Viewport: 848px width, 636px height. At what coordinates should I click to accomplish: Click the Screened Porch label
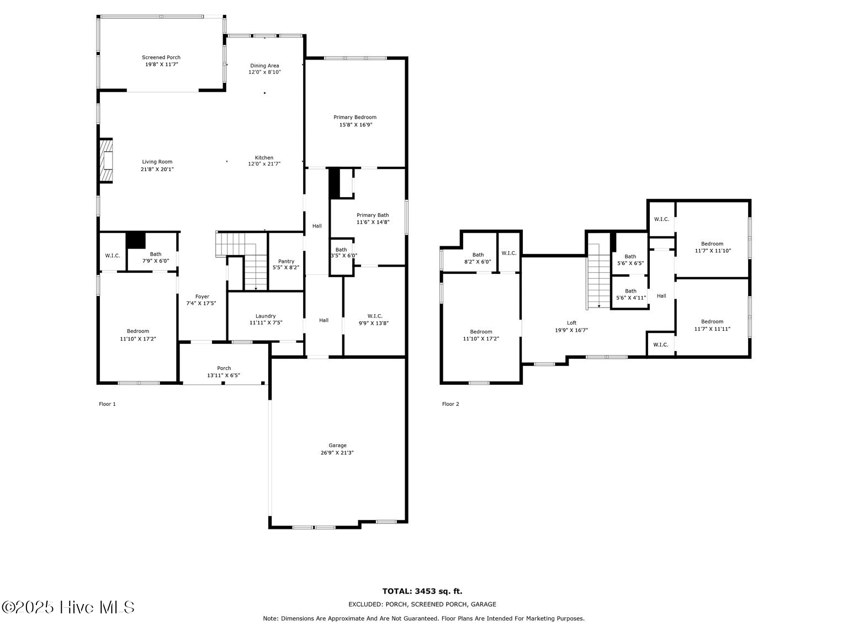161,57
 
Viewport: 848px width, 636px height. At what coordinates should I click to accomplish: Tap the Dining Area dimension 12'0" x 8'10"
264,72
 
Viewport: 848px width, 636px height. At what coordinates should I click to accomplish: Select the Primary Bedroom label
355,117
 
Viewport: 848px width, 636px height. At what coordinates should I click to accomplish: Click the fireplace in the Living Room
107,160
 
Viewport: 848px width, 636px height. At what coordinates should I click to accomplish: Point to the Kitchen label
264,157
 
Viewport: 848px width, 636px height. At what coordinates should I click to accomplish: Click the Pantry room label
286,261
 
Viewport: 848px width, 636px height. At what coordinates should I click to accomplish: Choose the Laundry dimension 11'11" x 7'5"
266,323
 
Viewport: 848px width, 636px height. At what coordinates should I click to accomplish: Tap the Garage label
337,446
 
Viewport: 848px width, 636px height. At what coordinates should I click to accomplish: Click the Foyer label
202,296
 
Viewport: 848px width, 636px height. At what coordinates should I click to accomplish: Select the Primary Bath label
373,215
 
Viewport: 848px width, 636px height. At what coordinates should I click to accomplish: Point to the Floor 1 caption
107,404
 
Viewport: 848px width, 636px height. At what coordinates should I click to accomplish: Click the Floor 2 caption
451,404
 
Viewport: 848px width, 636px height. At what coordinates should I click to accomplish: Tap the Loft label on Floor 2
571,323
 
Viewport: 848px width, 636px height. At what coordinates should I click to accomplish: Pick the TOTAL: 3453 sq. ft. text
422,591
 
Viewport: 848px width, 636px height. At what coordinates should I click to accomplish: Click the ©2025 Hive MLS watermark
68,607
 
